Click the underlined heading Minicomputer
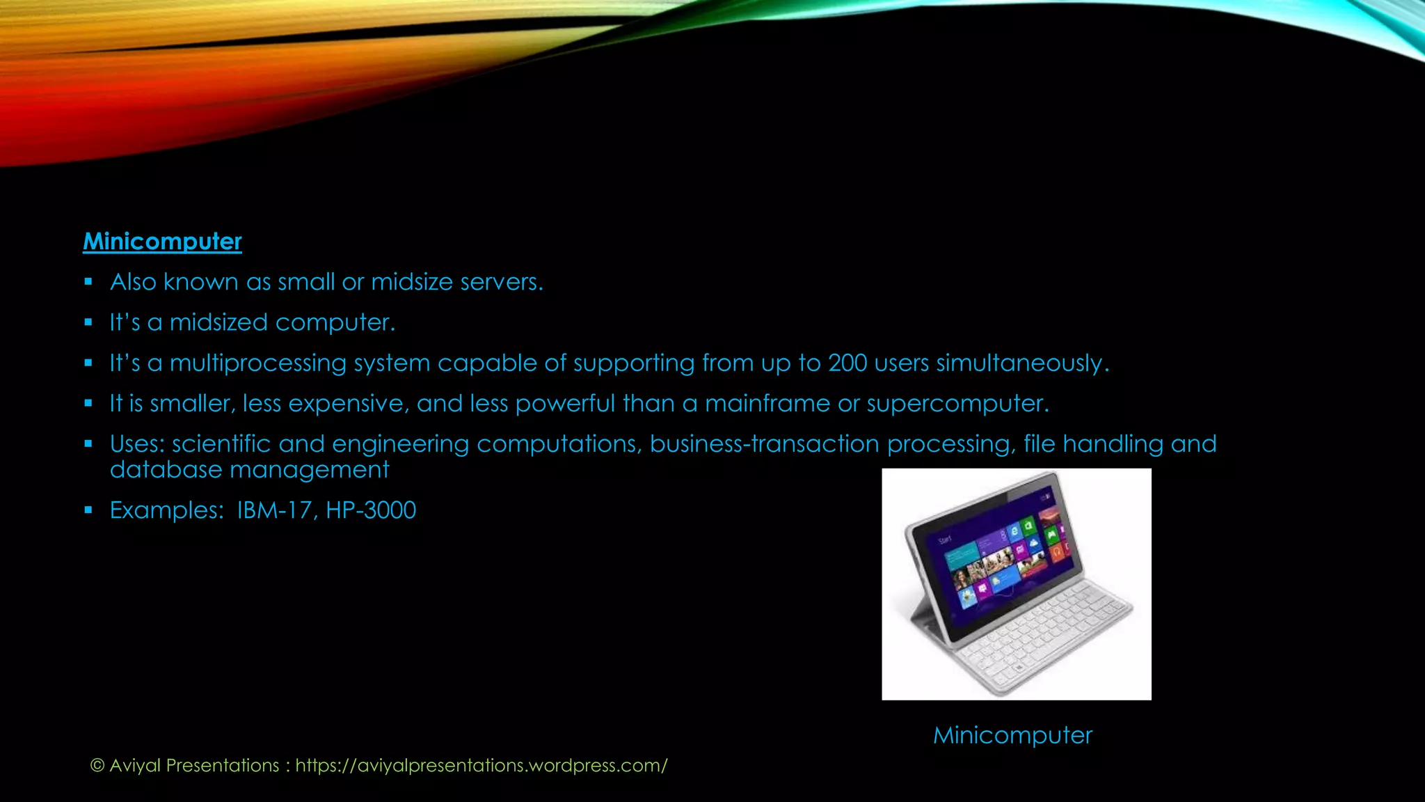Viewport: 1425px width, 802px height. tap(162, 242)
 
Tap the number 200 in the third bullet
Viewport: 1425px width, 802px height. tap(847, 363)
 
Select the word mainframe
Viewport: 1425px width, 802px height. tap(767, 404)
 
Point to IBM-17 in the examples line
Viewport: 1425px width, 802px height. tap(274, 510)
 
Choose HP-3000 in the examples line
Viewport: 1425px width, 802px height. tap(371, 510)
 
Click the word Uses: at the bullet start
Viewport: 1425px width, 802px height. tap(137, 444)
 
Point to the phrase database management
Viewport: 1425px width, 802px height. tap(249, 470)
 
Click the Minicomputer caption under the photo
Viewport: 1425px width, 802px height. tap(1012, 735)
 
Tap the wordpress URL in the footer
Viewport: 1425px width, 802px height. tap(481, 766)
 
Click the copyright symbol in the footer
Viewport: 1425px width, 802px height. tap(97, 766)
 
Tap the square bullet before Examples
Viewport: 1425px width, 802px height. tap(88, 510)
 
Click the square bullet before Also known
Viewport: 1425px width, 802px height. tap(88, 282)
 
